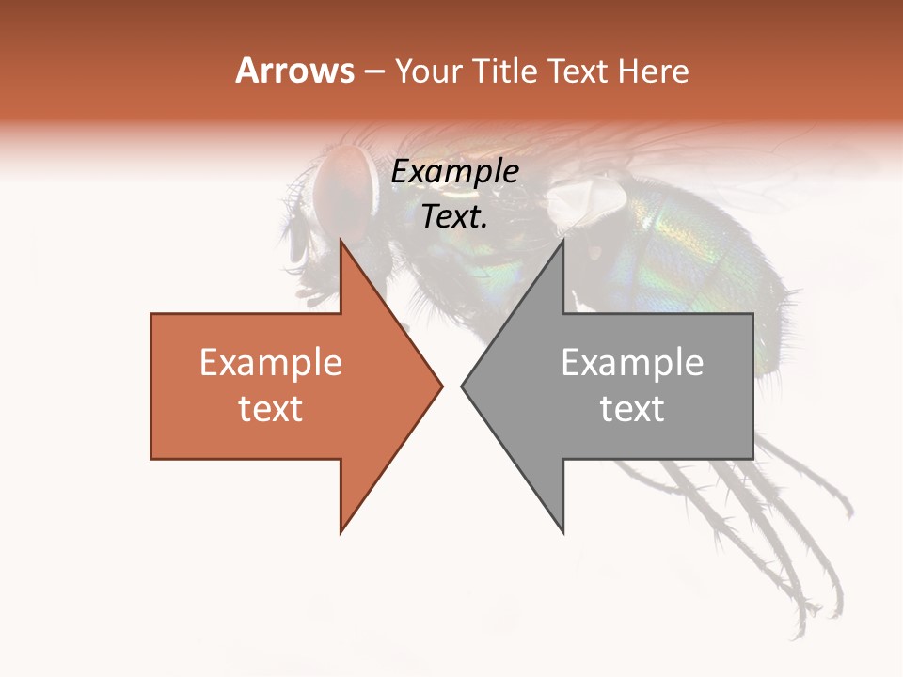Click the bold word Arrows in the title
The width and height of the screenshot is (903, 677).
(x=294, y=71)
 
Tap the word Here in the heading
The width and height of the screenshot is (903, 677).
(x=653, y=71)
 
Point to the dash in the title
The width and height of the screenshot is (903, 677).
(x=374, y=71)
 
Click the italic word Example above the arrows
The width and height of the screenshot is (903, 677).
(x=454, y=172)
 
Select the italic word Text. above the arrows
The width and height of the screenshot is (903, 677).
(x=454, y=216)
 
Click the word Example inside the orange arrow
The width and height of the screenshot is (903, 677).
(x=271, y=363)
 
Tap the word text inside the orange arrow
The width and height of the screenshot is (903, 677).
(x=271, y=408)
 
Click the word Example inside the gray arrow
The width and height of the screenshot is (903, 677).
(x=632, y=363)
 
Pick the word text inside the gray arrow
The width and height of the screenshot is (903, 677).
(x=632, y=408)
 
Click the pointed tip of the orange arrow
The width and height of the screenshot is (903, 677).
(x=441, y=386)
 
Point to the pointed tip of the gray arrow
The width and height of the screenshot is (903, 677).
(x=463, y=386)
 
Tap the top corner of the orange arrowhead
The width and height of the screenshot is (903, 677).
(x=341, y=241)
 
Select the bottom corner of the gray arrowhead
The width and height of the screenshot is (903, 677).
(x=562, y=531)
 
